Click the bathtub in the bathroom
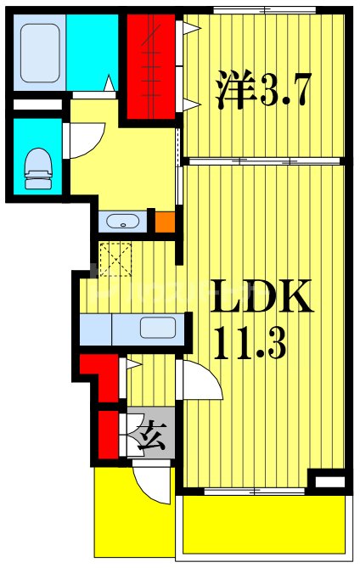(x=39, y=53)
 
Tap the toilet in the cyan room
(x=38, y=168)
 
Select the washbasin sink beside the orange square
(x=123, y=221)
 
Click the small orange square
(x=166, y=222)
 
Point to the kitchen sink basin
(x=158, y=328)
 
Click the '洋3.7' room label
(x=263, y=89)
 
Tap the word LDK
(x=262, y=296)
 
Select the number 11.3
(x=250, y=341)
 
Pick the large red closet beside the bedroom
(x=151, y=67)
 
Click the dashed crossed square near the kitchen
(x=115, y=259)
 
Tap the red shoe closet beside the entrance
(x=109, y=435)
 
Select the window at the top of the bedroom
(x=264, y=10)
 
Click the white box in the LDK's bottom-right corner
(x=330, y=482)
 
